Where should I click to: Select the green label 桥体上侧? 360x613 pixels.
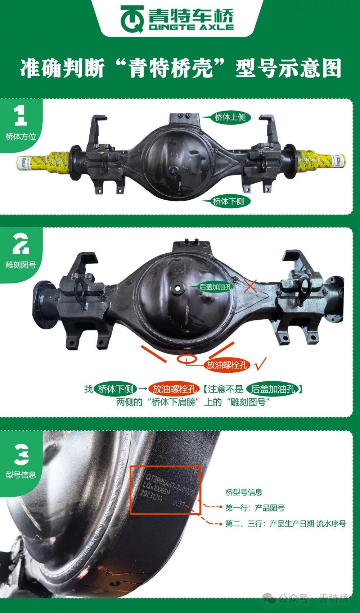click(x=230, y=117)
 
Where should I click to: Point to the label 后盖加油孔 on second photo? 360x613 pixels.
click(x=215, y=287)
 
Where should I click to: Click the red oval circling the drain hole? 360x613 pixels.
click(x=186, y=359)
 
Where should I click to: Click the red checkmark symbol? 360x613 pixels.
click(x=260, y=364)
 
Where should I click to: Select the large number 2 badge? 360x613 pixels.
click(x=21, y=244)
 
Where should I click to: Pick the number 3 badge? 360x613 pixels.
click(x=21, y=454)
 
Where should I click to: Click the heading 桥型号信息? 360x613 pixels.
click(x=244, y=492)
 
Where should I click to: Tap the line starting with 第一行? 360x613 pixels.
click(x=255, y=508)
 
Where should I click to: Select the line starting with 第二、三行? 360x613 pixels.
click(x=285, y=524)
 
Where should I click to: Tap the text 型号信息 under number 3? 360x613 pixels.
click(x=21, y=475)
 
